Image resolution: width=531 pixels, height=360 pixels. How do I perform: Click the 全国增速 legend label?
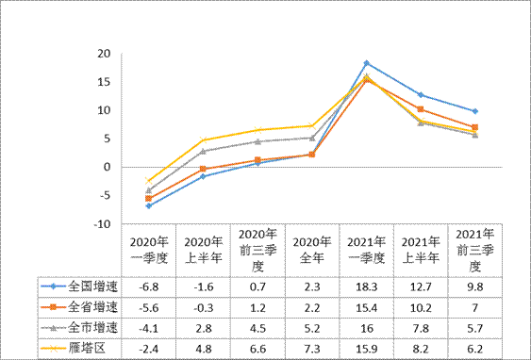(92, 286)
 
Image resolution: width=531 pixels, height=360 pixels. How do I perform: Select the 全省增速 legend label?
(92, 307)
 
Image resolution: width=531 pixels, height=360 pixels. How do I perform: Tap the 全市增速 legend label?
(92, 328)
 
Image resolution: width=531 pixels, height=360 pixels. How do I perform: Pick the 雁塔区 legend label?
(88, 349)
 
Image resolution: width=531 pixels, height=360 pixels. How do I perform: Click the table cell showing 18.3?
(366, 286)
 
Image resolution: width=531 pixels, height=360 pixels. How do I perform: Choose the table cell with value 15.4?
(366, 307)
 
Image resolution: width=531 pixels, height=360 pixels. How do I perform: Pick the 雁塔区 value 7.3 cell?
(311, 349)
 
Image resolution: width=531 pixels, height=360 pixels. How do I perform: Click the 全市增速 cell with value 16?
(366, 328)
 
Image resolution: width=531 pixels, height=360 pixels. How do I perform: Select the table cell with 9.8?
(475, 286)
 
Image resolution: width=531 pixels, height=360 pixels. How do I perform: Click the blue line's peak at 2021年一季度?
(366, 63)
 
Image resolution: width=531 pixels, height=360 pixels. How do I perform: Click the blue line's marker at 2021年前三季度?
(475, 111)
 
